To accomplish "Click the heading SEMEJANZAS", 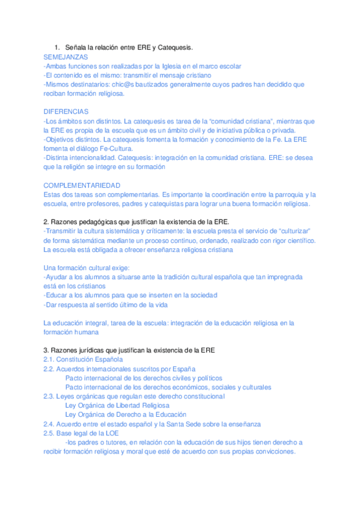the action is click(x=66, y=57).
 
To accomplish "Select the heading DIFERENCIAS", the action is click(x=66, y=112).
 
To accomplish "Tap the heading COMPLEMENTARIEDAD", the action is click(x=82, y=185).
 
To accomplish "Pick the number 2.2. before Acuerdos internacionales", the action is click(x=49, y=369).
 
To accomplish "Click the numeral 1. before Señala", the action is click(x=57, y=47).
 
